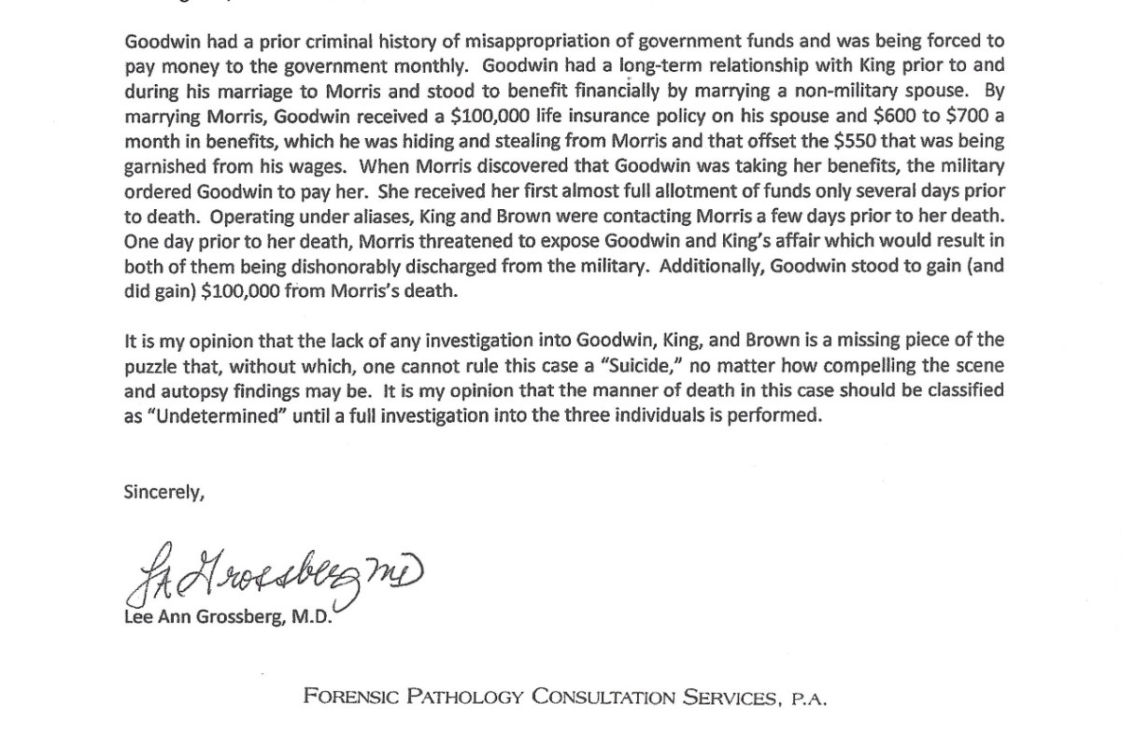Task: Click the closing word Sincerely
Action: (163, 493)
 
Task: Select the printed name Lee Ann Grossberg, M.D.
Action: (227, 617)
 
